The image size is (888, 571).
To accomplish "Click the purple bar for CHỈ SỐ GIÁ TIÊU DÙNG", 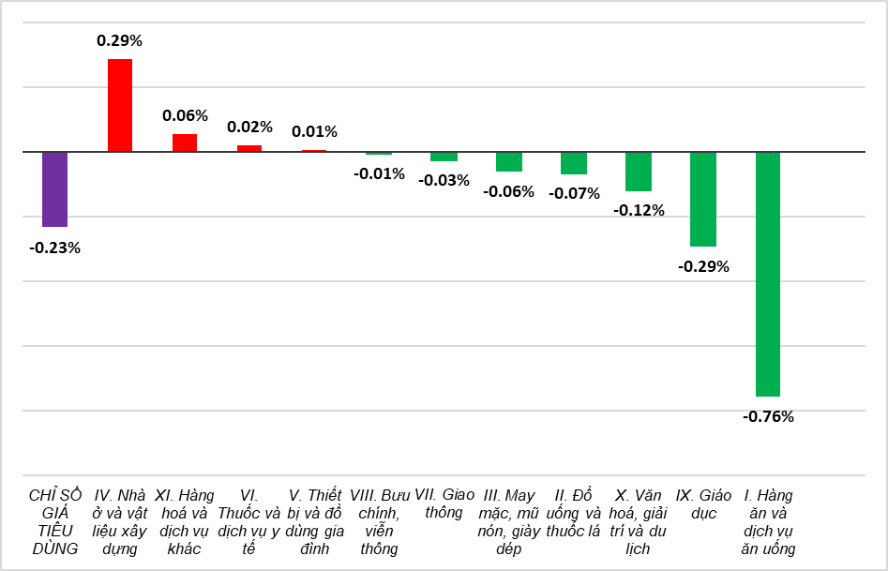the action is point(55,189).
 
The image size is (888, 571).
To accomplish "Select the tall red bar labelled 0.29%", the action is point(120,105).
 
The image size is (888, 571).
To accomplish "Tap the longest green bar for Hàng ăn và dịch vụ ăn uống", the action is point(768,274).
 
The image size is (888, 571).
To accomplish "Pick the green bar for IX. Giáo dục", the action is point(703,199).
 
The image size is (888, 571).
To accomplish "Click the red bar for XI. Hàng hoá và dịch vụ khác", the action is point(185,143).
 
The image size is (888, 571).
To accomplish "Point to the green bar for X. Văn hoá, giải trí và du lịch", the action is point(639,172).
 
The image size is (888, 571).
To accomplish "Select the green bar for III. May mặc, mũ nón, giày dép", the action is point(509,161).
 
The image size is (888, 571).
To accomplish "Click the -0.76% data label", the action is point(768,417).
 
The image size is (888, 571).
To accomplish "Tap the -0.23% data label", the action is point(55,248).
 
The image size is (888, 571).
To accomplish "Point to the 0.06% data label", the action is point(185,115).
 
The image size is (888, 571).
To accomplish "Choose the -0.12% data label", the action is point(639,211).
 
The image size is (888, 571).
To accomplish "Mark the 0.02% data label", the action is point(249,127).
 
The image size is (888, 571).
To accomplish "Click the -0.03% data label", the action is point(444,181).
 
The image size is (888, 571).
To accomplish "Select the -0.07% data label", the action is point(574,194).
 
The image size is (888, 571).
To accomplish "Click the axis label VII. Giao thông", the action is point(444,503).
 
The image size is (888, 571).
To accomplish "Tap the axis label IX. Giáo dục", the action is point(703,504).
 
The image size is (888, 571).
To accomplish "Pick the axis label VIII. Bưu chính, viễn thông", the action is point(380,521).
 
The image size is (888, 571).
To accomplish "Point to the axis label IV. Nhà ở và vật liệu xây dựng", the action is point(119,521).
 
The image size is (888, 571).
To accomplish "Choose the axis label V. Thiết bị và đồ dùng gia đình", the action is point(315,521).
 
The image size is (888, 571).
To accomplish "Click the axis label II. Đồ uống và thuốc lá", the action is point(574,513).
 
